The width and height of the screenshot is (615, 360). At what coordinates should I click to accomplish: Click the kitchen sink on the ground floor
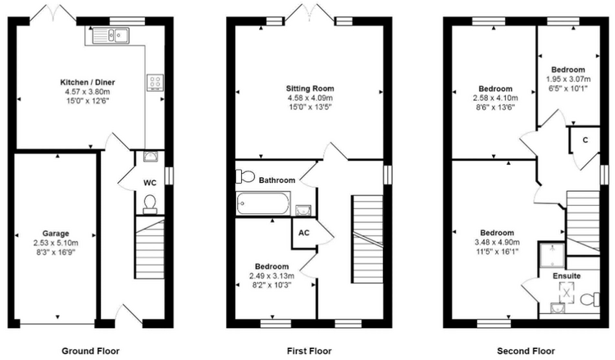[x=111, y=36]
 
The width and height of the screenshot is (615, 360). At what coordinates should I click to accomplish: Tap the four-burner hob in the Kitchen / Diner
[x=155, y=82]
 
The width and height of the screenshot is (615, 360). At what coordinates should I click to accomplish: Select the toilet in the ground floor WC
[x=149, y=204]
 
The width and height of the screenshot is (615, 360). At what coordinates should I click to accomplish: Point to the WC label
[x=150, y=183]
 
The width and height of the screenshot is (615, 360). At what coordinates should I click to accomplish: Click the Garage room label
[x=56, y=234]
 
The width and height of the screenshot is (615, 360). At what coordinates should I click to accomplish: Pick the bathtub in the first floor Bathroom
[x=263, y=203]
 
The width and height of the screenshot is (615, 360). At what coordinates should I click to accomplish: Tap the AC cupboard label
[x=304, y=233]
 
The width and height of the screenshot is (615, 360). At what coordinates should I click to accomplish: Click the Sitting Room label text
[x=310, y=89]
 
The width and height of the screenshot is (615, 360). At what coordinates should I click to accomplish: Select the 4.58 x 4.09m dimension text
[x=310, y=98]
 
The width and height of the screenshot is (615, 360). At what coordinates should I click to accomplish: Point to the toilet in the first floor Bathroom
[x=245, y=176]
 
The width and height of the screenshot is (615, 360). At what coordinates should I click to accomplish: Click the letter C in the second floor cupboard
[x=585, y=140]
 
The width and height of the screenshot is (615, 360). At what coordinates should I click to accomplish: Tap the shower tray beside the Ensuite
[x=552, y=254]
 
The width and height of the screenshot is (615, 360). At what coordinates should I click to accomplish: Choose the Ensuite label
[x=567, y=276]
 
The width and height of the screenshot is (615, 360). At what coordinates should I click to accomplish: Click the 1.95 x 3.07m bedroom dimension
[x=568, y=80]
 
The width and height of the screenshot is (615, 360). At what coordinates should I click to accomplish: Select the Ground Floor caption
[x=90, y=351]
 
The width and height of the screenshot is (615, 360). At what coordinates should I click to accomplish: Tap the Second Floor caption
[x=526, y=351]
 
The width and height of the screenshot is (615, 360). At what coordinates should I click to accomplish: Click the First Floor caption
[x=309, y=351]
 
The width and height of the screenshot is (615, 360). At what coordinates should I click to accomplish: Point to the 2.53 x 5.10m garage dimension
[x=56, y=243]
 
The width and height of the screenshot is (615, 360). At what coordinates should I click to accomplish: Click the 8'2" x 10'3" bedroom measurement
[x=271, y=285]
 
